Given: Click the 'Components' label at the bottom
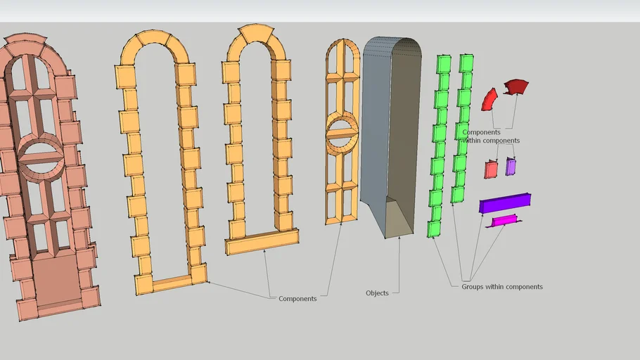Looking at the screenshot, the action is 297,299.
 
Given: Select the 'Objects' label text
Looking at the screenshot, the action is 377,293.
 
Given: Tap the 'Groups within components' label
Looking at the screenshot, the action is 502,287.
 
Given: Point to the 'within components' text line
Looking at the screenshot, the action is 491,141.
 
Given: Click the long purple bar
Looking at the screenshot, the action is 505,203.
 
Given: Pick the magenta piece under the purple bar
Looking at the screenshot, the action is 504,220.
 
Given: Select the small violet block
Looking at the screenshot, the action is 511,167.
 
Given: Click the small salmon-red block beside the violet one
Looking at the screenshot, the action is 491,169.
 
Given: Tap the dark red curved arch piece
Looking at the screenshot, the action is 516,86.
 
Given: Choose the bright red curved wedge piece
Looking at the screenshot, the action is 489,100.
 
